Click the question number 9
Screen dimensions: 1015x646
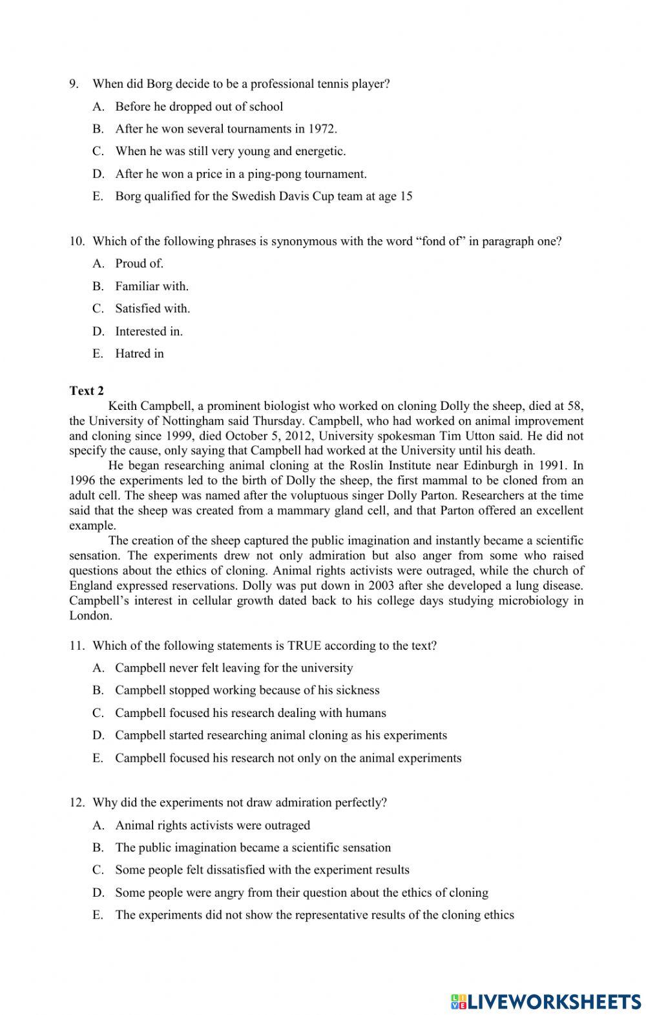click(74, 84)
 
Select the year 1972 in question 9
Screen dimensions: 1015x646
click(323, 129)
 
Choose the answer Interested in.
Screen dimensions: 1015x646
click(149, 332)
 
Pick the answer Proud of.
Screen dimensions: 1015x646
click(139, 264)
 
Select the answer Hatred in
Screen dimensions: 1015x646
click(139, 354)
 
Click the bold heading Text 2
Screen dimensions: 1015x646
click(87, 391)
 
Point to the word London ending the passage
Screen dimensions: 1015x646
click(90, 616)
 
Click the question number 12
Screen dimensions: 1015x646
click(77, 803)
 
